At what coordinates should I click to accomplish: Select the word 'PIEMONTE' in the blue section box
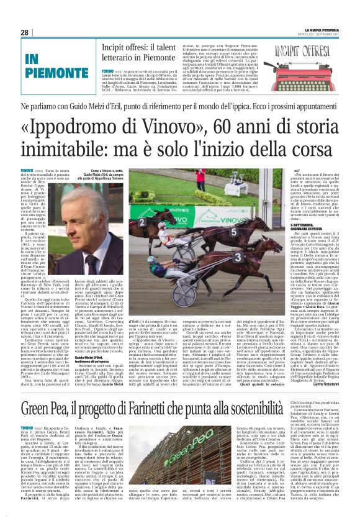[x=48, y=73]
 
